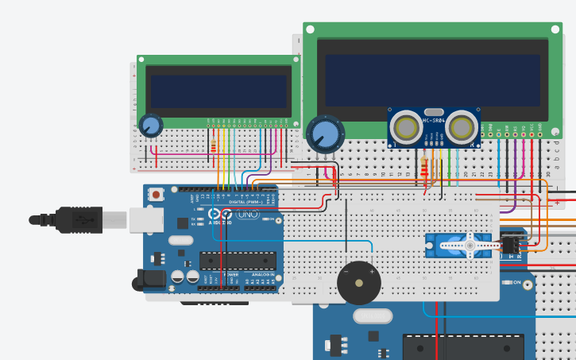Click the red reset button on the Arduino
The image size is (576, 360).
[x=157, y=194]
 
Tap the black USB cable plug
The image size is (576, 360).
[x=76, y=218]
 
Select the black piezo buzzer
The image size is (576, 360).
[x=358, y=283]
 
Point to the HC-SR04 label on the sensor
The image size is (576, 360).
[x=433, y=120]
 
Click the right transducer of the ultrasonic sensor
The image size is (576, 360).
[x=462, y=128]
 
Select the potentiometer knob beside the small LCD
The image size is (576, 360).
[x=150, y=126]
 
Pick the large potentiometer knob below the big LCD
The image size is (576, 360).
[x=325, y=134]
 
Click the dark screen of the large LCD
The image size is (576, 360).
[x=432, y=79]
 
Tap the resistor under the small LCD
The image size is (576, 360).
[x=214, y=145]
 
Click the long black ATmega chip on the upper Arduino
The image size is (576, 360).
[x=238, y=261]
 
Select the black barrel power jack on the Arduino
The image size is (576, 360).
[x=151, y=278]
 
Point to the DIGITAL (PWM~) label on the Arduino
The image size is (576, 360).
[x=242, y=202]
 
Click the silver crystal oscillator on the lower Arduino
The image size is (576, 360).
[x=372, y=316]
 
